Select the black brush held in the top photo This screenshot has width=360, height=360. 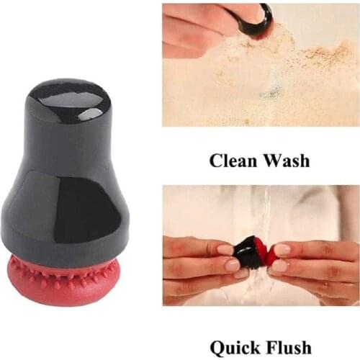[256, 22]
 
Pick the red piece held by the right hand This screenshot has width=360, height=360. [270, 253]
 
